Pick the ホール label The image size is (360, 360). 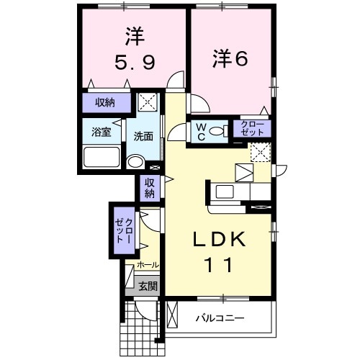[148, 265]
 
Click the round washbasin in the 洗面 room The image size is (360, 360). [135, 161]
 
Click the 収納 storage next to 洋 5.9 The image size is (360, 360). [105, 102]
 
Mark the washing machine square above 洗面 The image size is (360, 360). [149, 102]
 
